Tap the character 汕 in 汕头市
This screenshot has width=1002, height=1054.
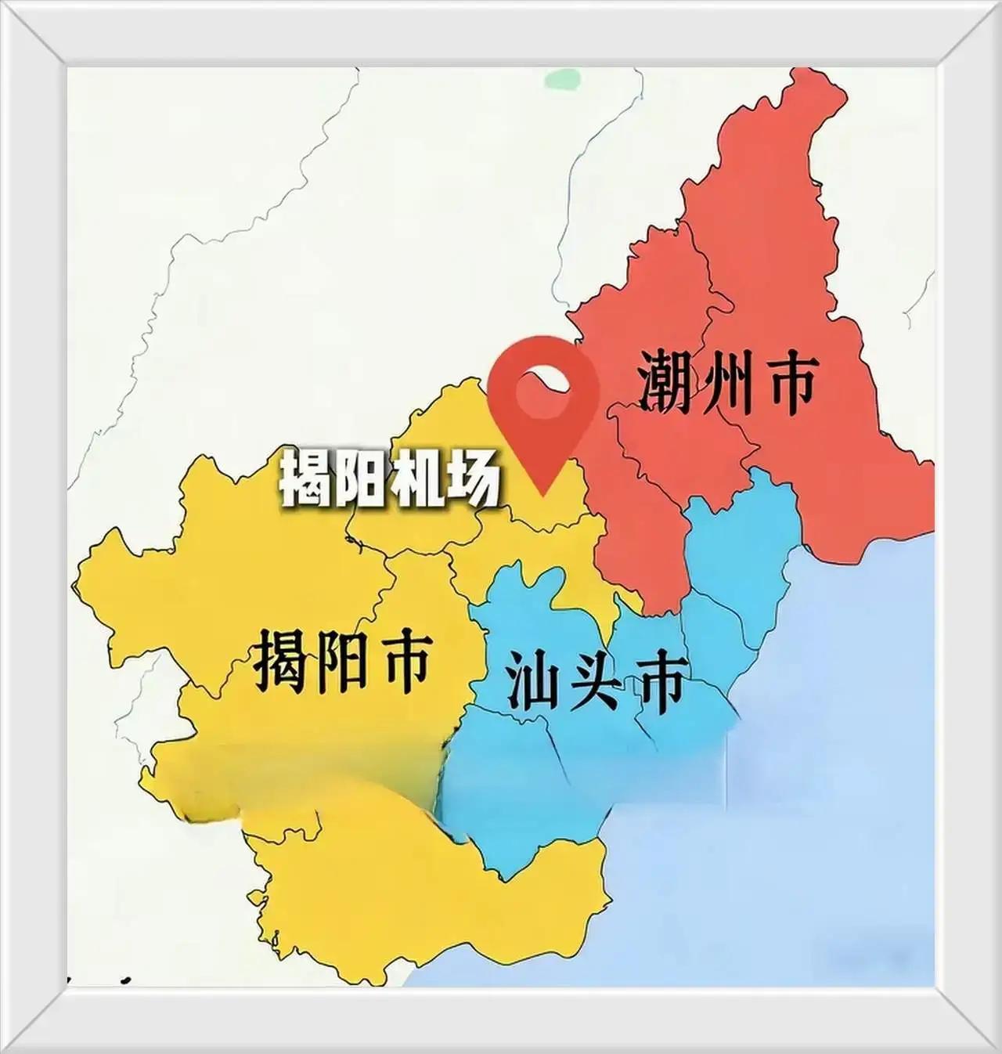click(535, 681)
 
